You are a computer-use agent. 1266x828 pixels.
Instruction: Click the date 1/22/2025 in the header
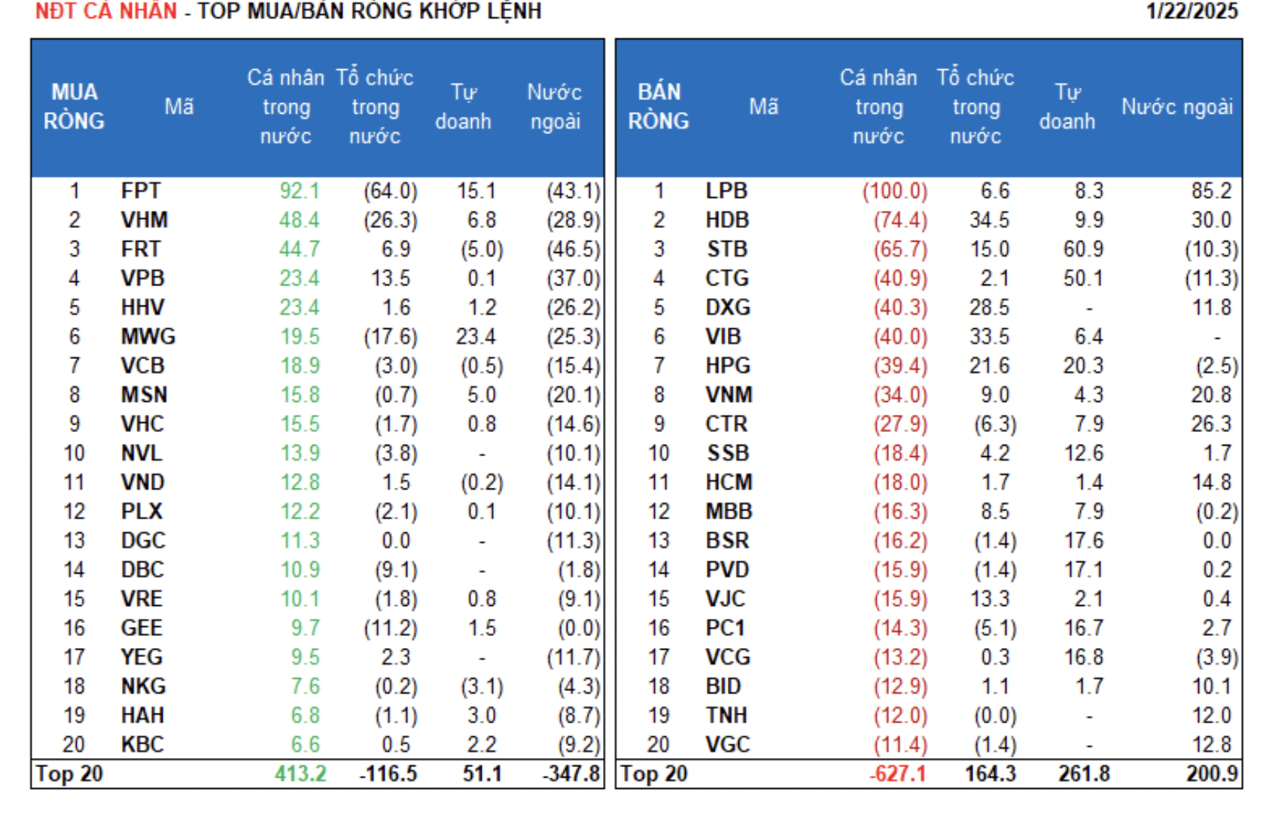(x=1191, y=11)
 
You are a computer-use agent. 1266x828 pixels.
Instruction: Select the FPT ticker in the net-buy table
(x=141, y=191)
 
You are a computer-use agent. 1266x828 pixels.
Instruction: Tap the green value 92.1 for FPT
(x=299, y=191)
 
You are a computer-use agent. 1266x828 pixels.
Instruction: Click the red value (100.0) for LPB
(x=895, y=191)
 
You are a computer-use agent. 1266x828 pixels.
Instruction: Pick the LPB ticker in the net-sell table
(x=726, y=191)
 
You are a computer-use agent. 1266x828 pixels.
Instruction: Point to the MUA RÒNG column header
(x=74, y=106)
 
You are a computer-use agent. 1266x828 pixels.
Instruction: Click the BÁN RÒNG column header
(x=659, y=106)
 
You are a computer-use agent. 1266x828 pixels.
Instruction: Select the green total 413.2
(x=300, y=774)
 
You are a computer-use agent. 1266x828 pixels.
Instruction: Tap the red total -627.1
(x=897, y=774)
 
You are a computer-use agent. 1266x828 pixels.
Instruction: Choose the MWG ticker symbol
(x=148, y=336)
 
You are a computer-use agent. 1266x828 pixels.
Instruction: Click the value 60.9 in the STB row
(x=1083, y=249)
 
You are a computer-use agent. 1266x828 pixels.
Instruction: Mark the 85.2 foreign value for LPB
(x=1211, y=191)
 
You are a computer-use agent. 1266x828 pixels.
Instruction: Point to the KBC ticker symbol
(x=142, y=744)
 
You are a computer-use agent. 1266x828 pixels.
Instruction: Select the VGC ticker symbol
(x=728, y=744)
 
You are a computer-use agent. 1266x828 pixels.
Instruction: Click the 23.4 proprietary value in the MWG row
(x=475, y=336)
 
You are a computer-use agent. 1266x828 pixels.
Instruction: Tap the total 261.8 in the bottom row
(x=1084, y=774)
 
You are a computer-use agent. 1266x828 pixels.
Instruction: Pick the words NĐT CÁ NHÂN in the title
(x=106, y=11)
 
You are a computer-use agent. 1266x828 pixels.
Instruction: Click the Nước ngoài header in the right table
(x=1176, y=107)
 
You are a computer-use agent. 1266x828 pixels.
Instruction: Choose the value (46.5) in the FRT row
(x=574, y=249)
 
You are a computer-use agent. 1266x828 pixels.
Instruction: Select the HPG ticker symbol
(x=728, y=366)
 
